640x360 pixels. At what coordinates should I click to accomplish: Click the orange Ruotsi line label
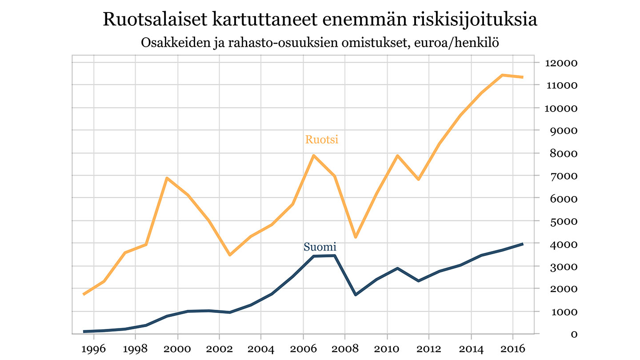pyautogui.click(x=322, y=140)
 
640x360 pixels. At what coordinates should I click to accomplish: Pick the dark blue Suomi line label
pyautogui.click(x=320, y=247)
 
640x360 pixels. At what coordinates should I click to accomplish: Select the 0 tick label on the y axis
pyautogui.click(x=574, y=334)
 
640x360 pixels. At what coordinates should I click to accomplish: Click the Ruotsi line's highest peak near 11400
pyautogui.click(x=502, y=75)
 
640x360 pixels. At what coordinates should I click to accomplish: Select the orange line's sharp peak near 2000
pyautogui.click(x=167, y=178)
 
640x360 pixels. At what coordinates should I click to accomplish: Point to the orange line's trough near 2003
pyautogui.click(x=230, y=255)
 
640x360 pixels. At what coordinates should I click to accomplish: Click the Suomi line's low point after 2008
pyautogui.click(x=356, y=295)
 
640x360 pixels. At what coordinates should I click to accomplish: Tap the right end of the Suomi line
pyautogui.click(x=523, y=244)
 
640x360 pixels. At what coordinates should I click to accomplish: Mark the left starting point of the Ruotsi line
pyautogui.click(x=84, y=294)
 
